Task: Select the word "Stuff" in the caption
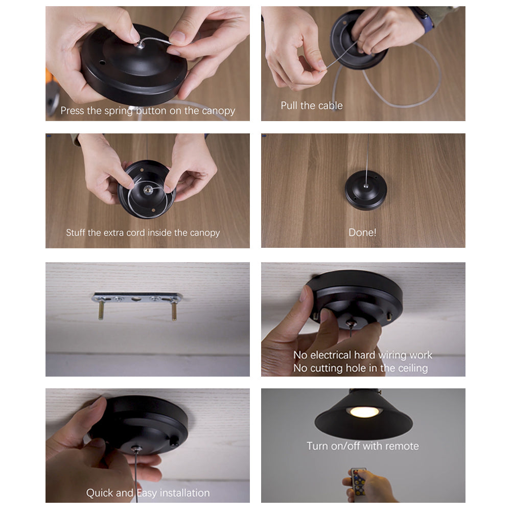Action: [76, 233]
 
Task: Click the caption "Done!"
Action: [362, 233]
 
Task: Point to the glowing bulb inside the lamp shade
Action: [365, 412]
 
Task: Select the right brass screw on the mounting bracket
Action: [174, 310]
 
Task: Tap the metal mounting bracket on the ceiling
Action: [137, 297]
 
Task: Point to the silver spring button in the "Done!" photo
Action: [366, 186]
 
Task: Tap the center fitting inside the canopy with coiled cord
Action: [148, 190]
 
